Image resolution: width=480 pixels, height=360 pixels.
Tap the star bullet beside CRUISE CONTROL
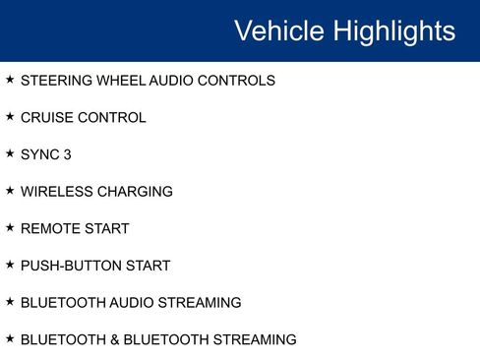coord(10,116)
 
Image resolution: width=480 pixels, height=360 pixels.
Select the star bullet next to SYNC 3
coord(10,153)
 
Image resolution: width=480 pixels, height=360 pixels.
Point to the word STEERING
coord(54,81)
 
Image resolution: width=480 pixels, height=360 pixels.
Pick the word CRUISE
coord(45,118)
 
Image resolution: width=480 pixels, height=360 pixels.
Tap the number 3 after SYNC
coord(67,154)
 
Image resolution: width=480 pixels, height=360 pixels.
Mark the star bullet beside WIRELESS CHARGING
coord(10,190)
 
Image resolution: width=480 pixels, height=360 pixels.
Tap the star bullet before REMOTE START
coord(10,227)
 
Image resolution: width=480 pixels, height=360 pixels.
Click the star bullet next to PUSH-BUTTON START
coord(10,264)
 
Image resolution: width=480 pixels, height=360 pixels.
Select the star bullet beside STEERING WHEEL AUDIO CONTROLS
coord(10,79)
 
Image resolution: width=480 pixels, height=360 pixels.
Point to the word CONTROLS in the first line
coord(236,81)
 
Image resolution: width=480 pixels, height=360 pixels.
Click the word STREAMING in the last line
coord(255,339)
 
